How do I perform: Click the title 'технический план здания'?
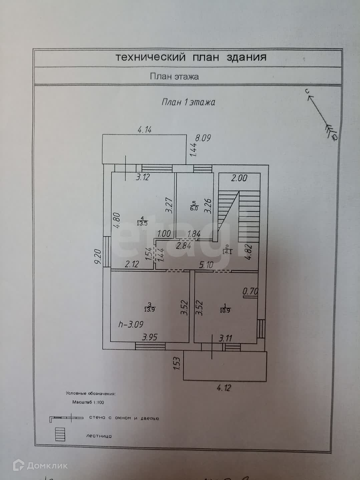[191, 57]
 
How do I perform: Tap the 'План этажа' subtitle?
[174, 77]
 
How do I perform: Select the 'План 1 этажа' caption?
[188, 102]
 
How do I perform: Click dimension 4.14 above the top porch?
[145, 130]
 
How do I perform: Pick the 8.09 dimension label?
[203, 138]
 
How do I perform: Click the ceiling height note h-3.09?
[131, 324]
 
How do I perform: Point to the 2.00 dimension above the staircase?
[239, 178]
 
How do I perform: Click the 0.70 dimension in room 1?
[250, 291]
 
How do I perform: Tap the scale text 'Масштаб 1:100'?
[88, 402]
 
